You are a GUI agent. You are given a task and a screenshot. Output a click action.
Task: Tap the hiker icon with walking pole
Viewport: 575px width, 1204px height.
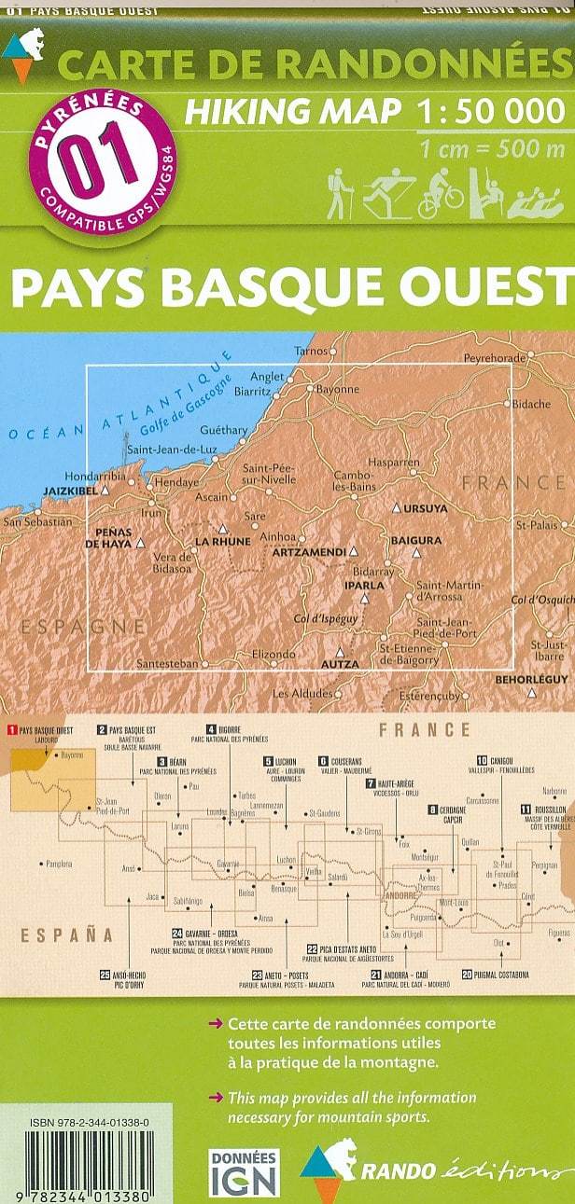(x=338, y=194)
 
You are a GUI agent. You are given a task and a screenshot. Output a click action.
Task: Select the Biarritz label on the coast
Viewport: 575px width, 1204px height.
(x=252, y=393)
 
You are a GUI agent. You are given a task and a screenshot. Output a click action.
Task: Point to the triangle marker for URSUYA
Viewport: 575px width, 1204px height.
(x=397, y=509)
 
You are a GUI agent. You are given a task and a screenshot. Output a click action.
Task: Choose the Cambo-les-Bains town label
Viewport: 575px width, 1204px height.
(x=354, y=481)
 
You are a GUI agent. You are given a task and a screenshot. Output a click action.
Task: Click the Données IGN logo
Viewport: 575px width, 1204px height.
(x=243, y=1171)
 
